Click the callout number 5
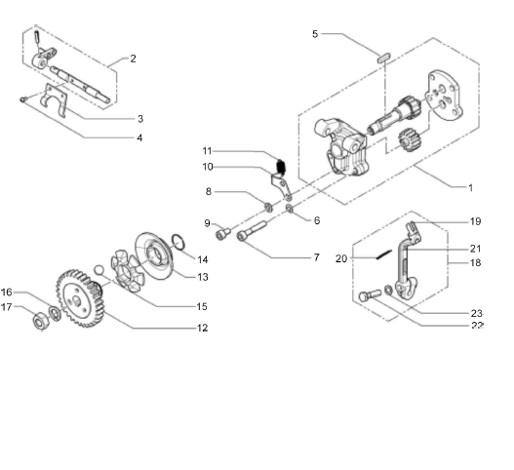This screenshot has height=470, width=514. tap(315, 34)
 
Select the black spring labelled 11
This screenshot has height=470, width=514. tap(281, 167)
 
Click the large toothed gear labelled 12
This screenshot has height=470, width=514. tap(80, 298)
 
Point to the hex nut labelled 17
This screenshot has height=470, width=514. tap(42, 320)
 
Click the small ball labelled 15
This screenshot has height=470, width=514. tap(99, 270)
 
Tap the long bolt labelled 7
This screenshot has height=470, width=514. tap(252, 231)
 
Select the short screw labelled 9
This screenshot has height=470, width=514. tap(223, 233)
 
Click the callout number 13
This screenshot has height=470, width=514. tap(203, 277)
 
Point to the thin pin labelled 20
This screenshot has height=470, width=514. tap(384, 254)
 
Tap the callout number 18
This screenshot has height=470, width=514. tap(475, 262)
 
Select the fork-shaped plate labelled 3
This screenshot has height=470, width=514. tap(55, 99)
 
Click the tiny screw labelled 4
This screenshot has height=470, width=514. tap(23, 98)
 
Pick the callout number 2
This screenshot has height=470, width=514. tap(133, 59)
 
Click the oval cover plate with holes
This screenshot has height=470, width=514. tap(444, 94)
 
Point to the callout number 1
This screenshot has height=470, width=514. tap(471, 188)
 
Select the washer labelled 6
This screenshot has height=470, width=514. tap(290, 208)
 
